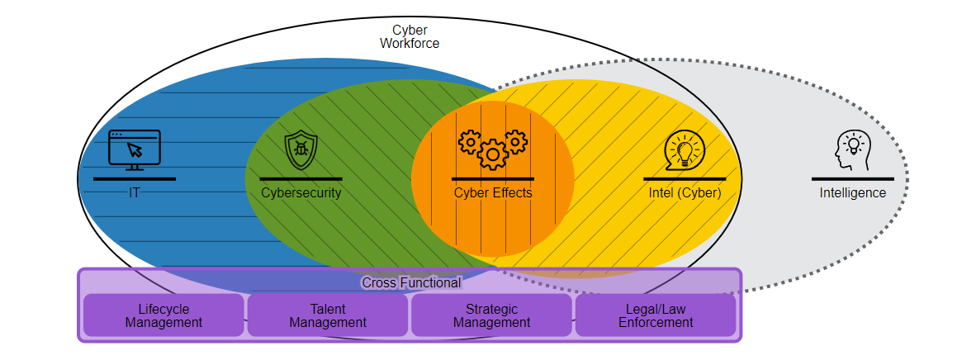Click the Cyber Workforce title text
(x=410, y=36)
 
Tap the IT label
(x=134, y=193)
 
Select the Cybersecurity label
(x=301, y=193)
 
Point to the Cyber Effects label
(x=493, y=193)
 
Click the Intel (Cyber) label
(x=685, y=193)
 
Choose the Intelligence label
(x=852, y=193)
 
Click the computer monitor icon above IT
(x=135, y=150)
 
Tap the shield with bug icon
(x=301, y=151)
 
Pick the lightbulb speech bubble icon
(x=685, y=151)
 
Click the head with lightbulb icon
(x=852, y=151)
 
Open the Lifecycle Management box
(x=163, y=315)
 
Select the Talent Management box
(x=328, y=315)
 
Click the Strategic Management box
(x=491, y=315)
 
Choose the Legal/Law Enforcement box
(x=656, y=315)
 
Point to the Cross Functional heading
(x=411, y=283)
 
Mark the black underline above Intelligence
(x=852, y=178)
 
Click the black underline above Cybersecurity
(x=301, y=178)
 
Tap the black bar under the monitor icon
(x=135, y=178)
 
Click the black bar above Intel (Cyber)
(x=685, y=178)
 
